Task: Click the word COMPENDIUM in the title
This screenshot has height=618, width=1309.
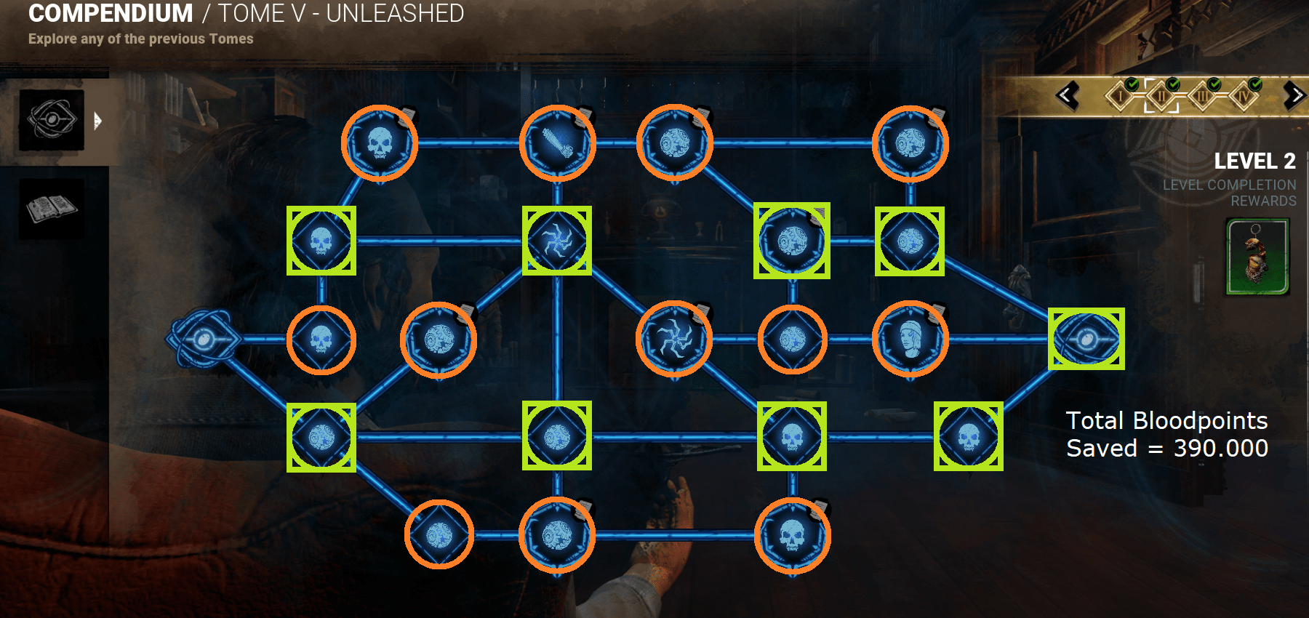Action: click(111, 13)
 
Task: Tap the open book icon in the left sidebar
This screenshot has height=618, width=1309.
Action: click(51, 209)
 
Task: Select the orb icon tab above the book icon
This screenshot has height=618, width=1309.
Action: click(51, 120)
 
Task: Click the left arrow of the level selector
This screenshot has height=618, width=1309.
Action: click(1067, 95)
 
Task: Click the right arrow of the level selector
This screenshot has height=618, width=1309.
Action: click(1294, 95)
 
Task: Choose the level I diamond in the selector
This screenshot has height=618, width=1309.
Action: click(1121, 95)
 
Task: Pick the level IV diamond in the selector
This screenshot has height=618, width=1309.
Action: click(1244, 95)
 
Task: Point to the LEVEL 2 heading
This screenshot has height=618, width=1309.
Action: click(1254, 161)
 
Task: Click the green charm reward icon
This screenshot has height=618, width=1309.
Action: click(1257, 257)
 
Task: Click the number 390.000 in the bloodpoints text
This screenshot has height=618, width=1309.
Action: click(1221, 448)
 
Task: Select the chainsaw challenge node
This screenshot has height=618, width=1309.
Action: click(558, 143)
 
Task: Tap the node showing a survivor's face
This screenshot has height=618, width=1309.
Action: click(910, 339)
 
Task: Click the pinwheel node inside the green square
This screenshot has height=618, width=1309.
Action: click(557, 241)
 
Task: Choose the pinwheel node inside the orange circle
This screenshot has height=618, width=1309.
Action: click(674, 339)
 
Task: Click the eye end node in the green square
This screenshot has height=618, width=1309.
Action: click(1086, 339)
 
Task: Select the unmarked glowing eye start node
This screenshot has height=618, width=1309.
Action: click(204, 339)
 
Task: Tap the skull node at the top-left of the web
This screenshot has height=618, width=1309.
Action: click(380, 143)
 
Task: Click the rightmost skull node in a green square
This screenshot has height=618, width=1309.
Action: click(968, 437)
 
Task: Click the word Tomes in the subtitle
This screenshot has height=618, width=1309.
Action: click(231, 39)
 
